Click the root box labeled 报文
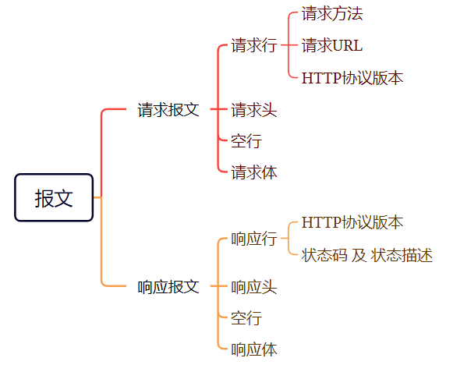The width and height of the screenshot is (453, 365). coord(54,197)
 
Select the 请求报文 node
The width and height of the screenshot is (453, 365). coord(168,110)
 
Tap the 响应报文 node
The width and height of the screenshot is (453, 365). coord(168,287)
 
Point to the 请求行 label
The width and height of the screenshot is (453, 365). coord(254,45)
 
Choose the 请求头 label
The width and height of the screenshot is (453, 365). coord(254,110)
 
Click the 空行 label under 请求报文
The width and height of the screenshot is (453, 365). coord(246,141)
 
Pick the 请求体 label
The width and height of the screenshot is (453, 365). coord(254,172)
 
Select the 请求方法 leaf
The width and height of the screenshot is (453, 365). coord(332,13)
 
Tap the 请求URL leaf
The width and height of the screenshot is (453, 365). coord(332,45)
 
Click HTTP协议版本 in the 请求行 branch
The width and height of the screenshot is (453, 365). coord(352,78)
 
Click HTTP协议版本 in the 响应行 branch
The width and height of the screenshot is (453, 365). coord(352,222)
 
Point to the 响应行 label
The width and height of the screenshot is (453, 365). coord(254,239)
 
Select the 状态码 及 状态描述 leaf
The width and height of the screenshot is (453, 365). coord(367,255)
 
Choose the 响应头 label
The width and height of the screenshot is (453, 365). coord(254,287)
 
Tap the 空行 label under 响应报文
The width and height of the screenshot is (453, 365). coord(246,318)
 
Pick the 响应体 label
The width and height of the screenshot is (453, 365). coord(254,349)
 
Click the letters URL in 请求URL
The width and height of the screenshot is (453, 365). coord(348,46)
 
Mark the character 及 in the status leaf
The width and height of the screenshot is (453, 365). coord(359,255)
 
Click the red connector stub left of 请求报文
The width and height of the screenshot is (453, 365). coord(114,109)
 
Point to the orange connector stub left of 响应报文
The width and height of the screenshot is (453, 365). coord(114,285)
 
